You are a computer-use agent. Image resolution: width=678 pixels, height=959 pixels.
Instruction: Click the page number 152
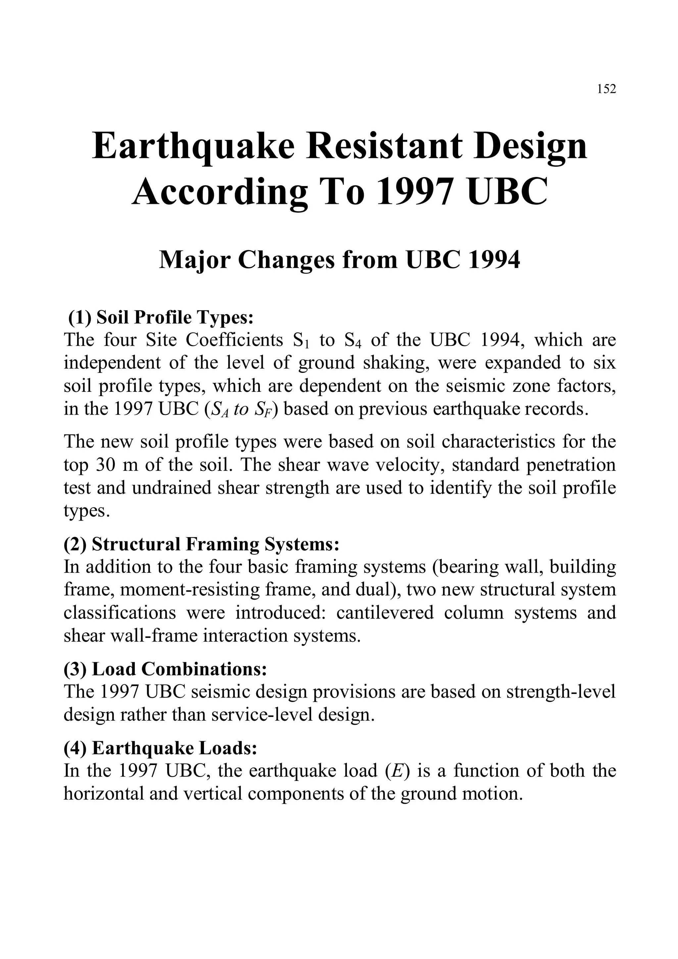pos(606,89)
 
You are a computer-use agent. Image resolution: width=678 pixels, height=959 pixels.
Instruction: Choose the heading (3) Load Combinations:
pos(165,669)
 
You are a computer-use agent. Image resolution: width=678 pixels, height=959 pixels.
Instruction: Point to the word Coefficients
pos(234,341)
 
